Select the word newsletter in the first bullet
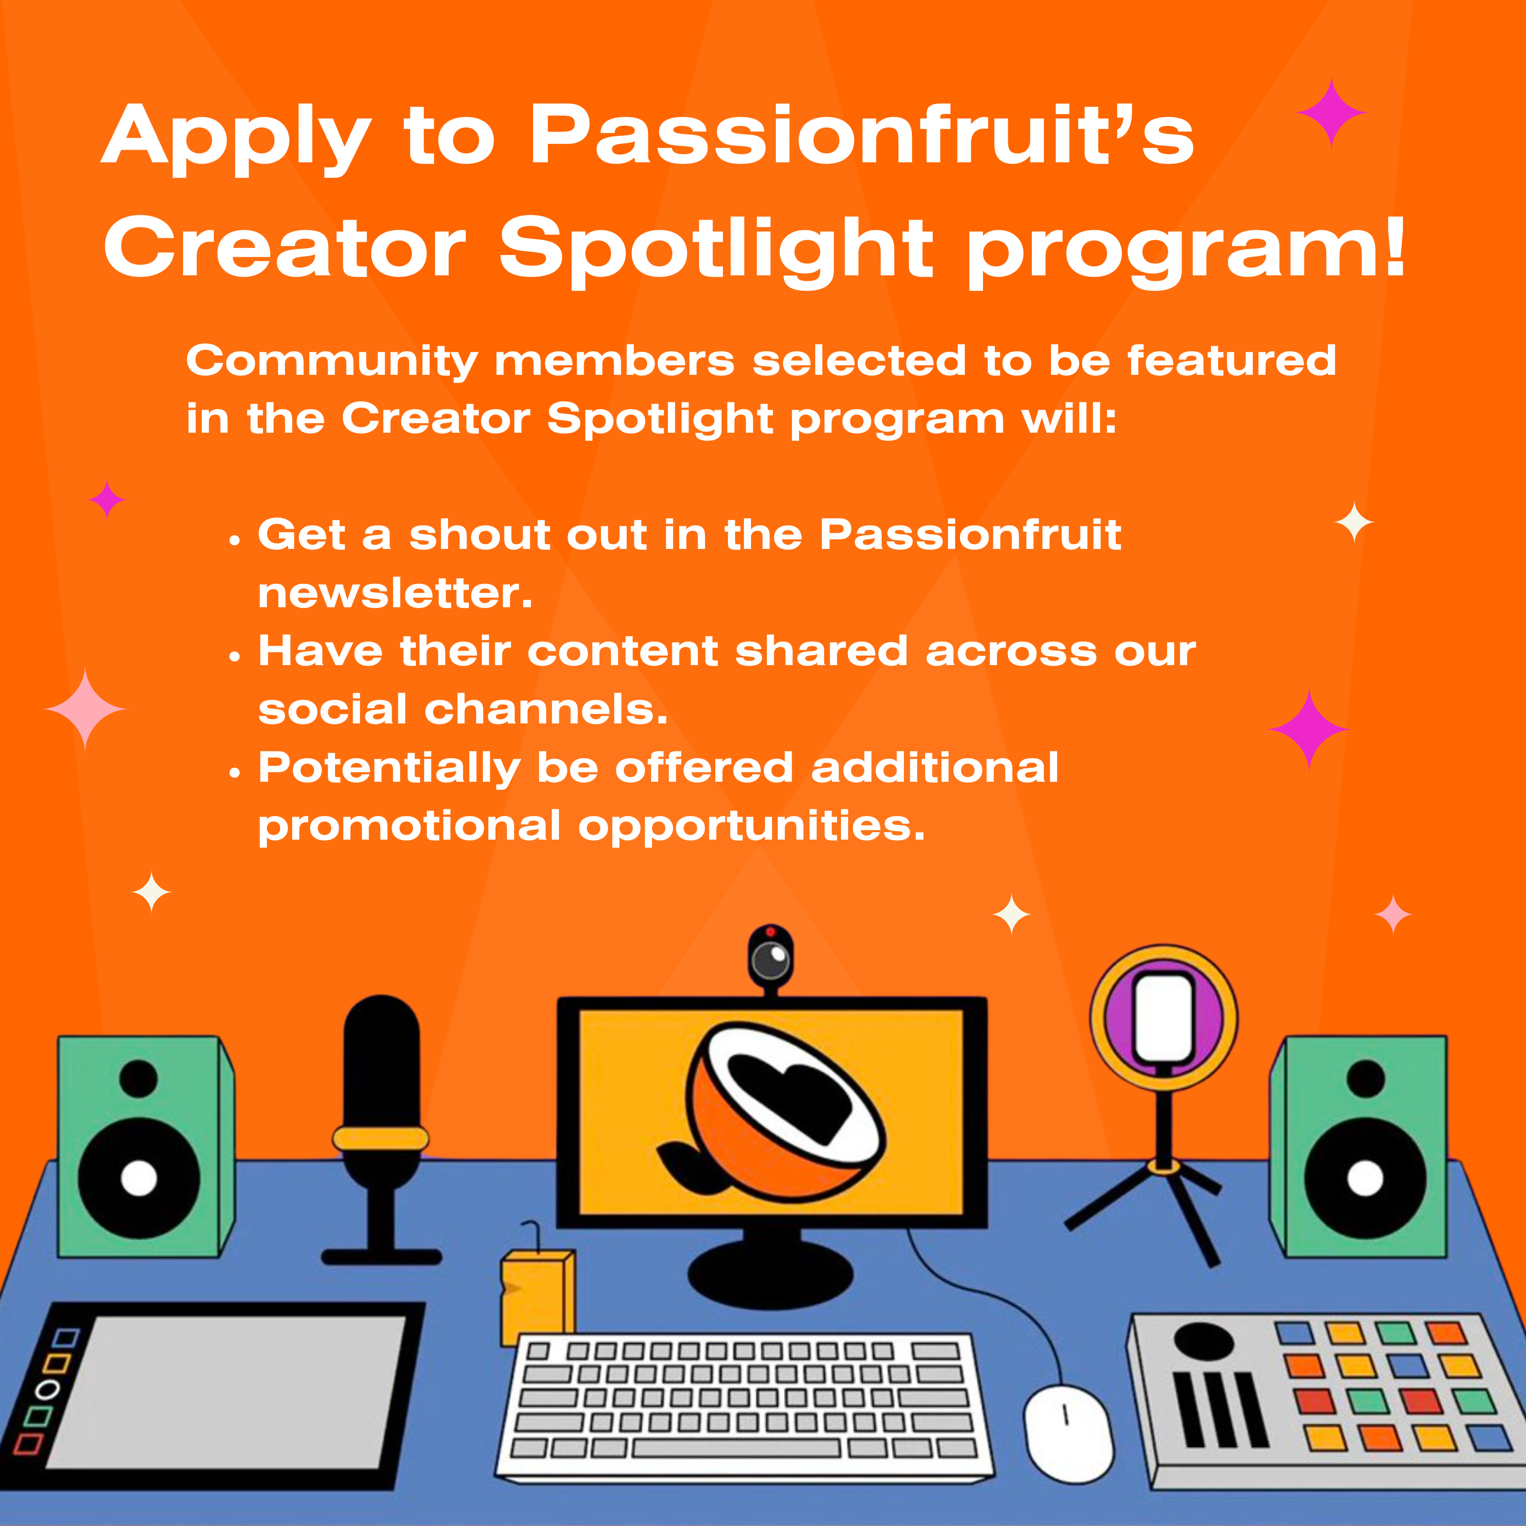tap(395, 593)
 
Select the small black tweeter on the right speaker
tap(1365, 1079)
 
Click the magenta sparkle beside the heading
tap(1332, 113)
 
